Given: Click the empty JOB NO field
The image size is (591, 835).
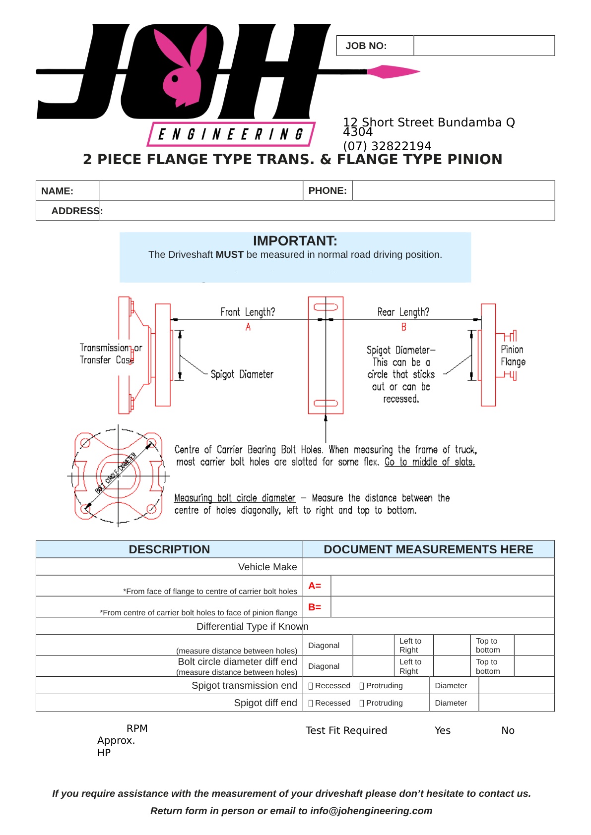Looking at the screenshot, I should pos(484,46).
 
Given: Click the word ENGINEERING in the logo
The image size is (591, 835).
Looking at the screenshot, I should pos(231,134).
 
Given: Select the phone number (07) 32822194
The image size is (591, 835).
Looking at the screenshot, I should pos(387,146).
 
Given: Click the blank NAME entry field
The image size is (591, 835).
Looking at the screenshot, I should pos(200,190).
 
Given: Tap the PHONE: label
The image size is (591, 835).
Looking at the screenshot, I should pos(328,190).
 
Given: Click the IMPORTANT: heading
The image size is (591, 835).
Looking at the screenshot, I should pos(295,241).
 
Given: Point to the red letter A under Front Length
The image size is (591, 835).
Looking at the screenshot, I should pos(248,327).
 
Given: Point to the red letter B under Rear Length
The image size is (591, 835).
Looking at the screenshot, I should pos(403,327).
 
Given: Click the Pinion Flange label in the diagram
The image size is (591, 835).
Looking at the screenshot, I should pos(513,356).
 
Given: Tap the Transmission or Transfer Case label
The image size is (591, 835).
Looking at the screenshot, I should pos(110,354).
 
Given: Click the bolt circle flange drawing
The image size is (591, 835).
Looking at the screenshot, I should pos(118,476).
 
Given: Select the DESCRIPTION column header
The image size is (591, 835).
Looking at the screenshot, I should pos(169,549).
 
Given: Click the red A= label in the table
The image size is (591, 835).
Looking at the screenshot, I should pos(315,586).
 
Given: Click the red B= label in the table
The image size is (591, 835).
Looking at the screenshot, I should pos(315,607).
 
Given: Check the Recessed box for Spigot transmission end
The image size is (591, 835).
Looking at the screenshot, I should pos(311,686).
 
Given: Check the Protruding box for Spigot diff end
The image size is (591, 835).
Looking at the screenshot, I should pos(362,703).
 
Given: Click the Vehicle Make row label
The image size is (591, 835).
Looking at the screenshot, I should pos(267,567).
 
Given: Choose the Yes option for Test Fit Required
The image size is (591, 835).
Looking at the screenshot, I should pos(442,730).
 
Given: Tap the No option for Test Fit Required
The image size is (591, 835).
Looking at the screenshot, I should pos(508,730).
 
